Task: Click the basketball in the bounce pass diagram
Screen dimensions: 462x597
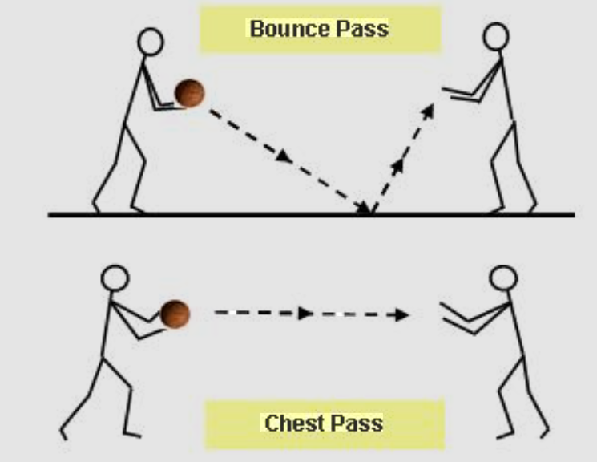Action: pyautogui.click(x=190, y=94)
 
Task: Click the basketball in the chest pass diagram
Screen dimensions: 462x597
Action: pyautogui.click(x=175, y=313)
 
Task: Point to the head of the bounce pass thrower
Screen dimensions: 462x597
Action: pyautogui.click(x=150, y=42)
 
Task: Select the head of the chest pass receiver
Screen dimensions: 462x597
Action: pyautogui.click(x=503, y=279)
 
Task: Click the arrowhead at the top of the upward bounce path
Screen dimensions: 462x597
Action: pyautogui.click(x=429, y=110)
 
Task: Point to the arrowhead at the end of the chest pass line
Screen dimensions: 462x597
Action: pyautogui.click(x=401, y=314)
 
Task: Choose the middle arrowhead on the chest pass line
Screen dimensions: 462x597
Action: pyautogui.click(x=305, y=314)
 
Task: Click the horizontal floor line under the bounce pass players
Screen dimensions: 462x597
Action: pyautogui.click(x=240, y=214)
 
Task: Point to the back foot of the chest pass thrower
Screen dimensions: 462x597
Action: pyautogui.click(x=66, y=433)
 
